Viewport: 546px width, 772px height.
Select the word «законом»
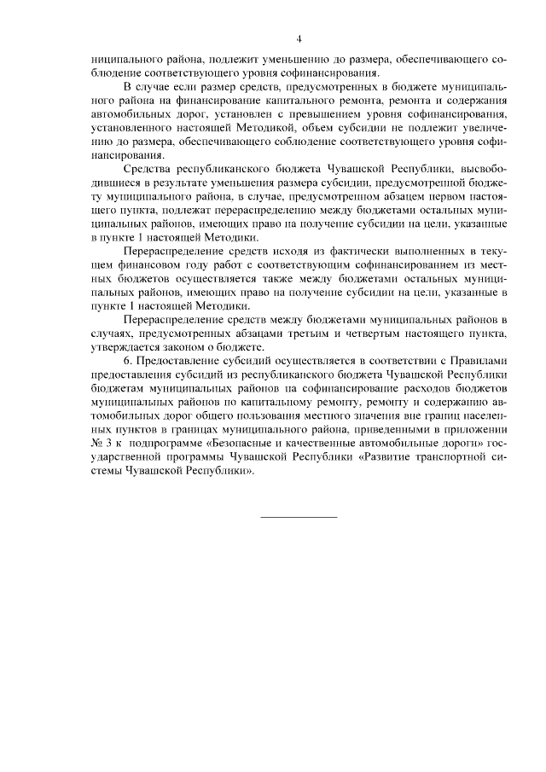point(175,346)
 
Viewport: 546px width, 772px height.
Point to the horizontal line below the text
point(299,517)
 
